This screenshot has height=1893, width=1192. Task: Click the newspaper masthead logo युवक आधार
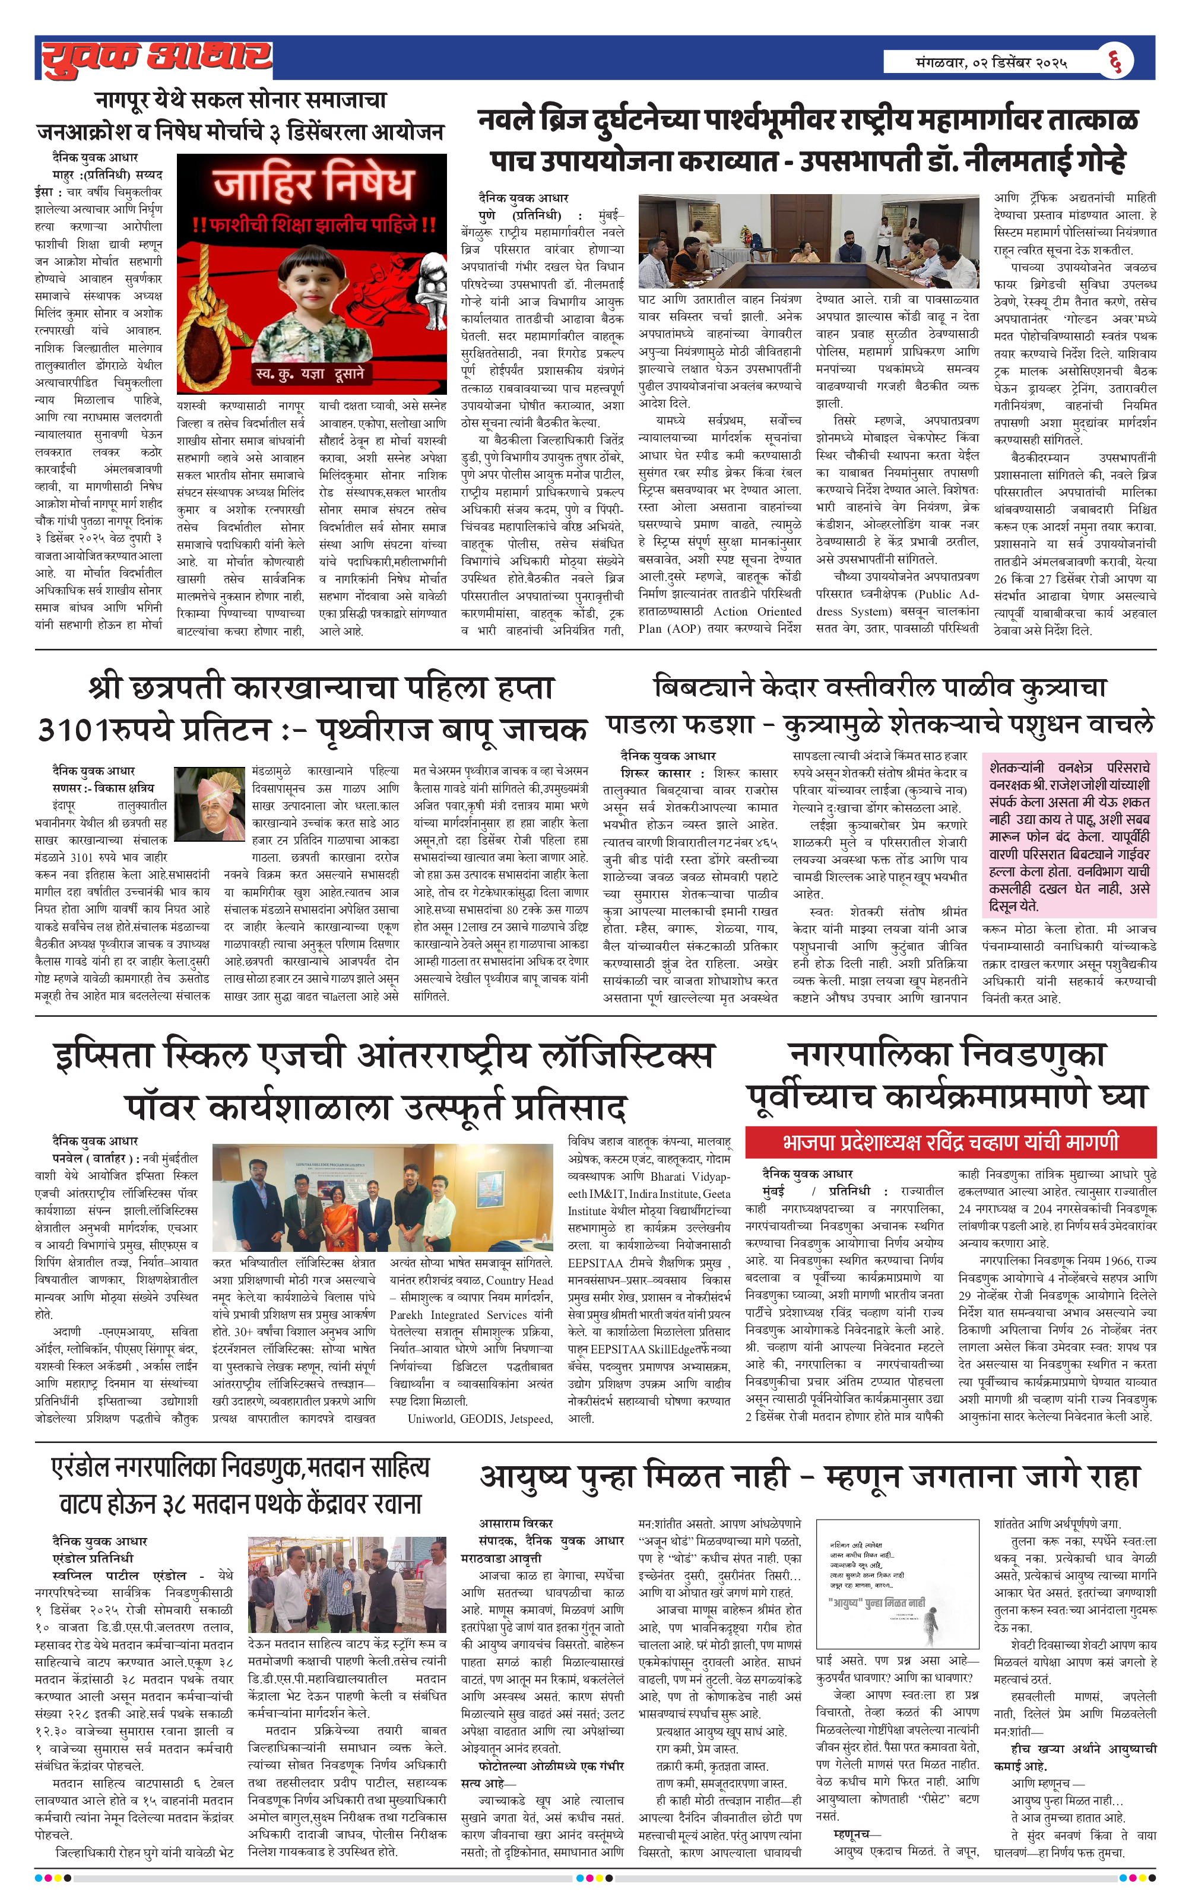(156, 56)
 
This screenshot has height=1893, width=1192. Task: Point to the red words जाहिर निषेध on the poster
(313, 184)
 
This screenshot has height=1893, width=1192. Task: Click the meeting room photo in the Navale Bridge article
(807, 242)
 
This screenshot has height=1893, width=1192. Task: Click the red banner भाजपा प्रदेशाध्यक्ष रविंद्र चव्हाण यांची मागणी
(950, 1142)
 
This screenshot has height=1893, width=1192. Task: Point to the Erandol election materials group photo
(347, 1584)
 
